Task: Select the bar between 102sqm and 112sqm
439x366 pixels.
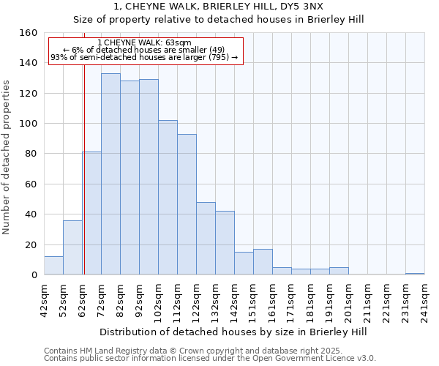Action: [168, 198]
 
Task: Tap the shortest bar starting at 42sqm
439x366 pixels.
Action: [53, 266]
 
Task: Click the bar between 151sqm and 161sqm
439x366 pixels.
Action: [263, 262]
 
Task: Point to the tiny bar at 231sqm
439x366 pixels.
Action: [415, 274]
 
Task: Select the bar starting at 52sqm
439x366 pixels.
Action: [72, 247]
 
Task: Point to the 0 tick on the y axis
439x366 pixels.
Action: [34, 274]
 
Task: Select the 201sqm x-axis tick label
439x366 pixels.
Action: [348, 299]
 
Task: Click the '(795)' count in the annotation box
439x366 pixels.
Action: [219, 57]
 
